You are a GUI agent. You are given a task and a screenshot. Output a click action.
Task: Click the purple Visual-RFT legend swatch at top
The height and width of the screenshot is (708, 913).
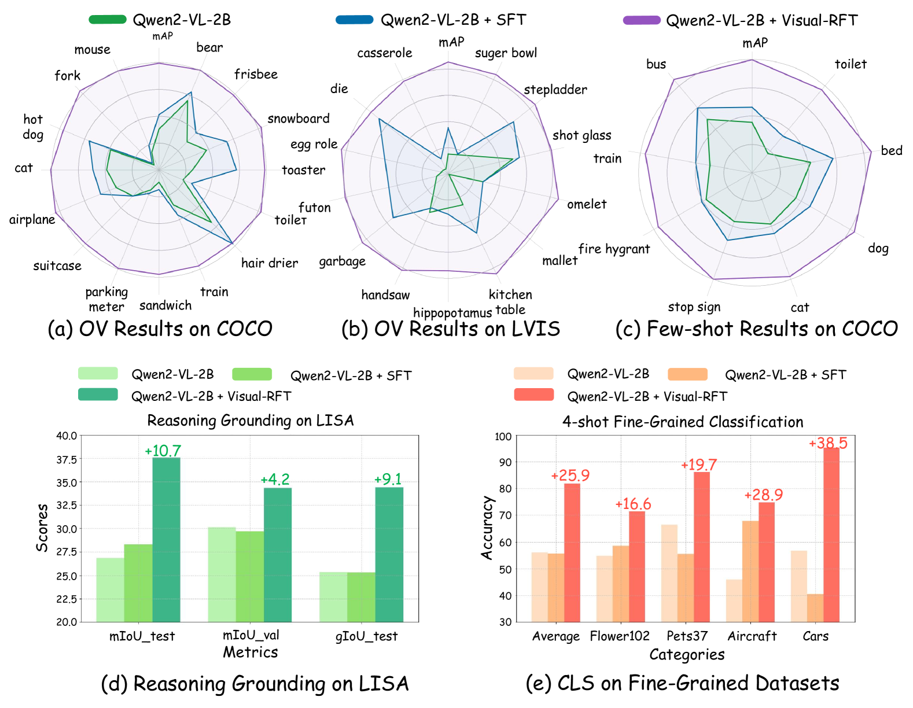click(642, 20)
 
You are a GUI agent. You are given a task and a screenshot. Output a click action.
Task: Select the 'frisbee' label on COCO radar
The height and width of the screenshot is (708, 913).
click(256, 75)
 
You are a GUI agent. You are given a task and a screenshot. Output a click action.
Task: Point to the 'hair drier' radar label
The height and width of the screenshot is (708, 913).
click(270, 263)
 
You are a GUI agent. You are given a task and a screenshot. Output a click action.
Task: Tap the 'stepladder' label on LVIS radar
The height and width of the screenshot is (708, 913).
click(555, 90)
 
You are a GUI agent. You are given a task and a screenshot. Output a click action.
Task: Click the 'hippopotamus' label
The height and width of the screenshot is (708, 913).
click(452, 313)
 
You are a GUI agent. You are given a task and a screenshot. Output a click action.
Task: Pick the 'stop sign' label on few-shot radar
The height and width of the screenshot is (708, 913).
click(694, 307)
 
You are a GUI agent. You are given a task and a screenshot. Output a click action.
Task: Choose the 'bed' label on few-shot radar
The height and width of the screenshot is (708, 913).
click(892, 151)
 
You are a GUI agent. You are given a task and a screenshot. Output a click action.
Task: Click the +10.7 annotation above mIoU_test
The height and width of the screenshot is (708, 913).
click(163, 451)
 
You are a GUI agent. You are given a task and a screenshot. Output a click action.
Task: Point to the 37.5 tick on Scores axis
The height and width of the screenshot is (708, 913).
click(67, 459)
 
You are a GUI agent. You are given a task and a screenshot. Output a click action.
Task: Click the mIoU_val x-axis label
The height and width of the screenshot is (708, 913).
click(251, 635)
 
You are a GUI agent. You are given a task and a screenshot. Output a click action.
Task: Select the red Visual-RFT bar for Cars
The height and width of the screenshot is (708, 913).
click(831, 534)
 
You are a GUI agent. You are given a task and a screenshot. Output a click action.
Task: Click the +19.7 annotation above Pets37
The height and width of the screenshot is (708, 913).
click(699, 465)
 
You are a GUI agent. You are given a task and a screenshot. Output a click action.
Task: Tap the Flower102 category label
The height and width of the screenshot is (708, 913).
click(620, 636)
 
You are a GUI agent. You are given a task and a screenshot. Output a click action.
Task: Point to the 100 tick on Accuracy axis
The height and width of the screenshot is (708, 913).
click(503, 437)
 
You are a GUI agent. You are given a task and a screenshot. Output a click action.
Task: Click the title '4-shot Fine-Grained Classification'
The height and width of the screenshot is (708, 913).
click(683, 422)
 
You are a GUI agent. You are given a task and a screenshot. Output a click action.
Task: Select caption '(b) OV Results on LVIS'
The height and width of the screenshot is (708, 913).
click(451, 329)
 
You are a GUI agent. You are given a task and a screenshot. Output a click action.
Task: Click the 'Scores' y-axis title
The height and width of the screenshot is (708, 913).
click(42, 528)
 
